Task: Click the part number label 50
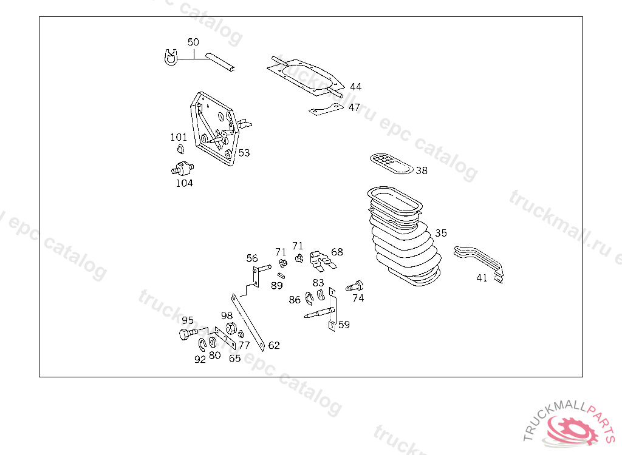[x=193, y=42]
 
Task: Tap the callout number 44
[x=356, y=87]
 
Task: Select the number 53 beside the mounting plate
[x=244, y=153]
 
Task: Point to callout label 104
[x=185, y=183]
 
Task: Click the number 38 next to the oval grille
[x=422, y=170]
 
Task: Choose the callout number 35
[x=441, y=233]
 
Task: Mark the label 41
[x=482, y=278]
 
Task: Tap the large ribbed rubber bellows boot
[x=405, y=236]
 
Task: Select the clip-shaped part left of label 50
[x=171, y=58]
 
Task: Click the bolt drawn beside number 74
[x=354, y=285]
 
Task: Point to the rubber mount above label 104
[x=182, y=168]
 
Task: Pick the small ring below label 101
[x=180, y=149]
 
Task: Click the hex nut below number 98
[x=231, y=328]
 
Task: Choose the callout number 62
[x=274, y=346]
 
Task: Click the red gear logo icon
[x=572, y=431]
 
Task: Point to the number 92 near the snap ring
[x=200, y=359]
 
